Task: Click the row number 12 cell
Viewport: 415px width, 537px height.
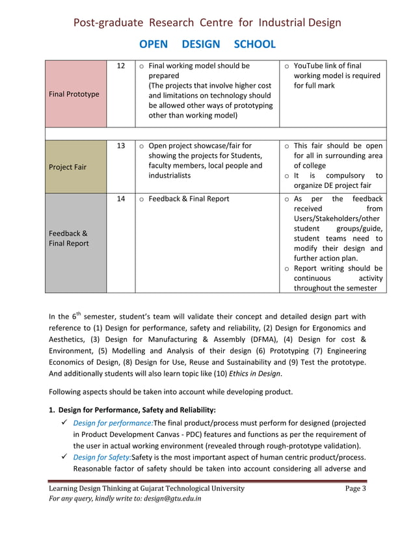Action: pos(120,66)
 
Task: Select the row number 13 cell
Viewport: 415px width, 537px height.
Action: pos(120,146)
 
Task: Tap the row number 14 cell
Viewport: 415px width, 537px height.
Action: pos(120,199)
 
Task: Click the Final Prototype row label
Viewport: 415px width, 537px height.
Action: pos(74,94)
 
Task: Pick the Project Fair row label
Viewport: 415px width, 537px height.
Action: pos(68,166)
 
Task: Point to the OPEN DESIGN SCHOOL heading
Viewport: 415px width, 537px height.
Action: pos(207,44)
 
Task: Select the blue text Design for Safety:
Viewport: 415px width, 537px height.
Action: pos(101,458)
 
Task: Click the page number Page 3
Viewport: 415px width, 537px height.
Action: pos(355,489)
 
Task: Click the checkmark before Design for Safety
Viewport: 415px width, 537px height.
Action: pos(63,458)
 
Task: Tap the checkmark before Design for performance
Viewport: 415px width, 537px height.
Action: pos(63,423)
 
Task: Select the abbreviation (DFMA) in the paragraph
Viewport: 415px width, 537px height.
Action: pos(262,339)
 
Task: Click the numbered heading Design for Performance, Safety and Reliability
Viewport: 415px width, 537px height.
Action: pos(137,410)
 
